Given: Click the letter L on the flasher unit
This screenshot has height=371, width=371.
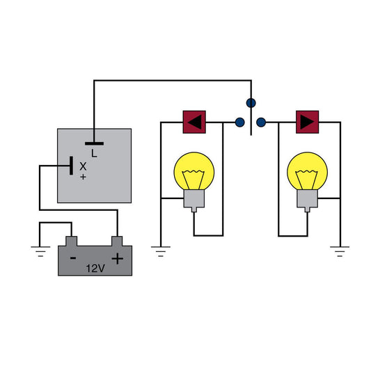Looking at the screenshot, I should click(x=94, y=152).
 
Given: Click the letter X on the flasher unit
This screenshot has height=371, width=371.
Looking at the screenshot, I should click(x=84, y=166).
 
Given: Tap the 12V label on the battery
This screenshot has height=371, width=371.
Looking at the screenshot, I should click(x=95, y=268).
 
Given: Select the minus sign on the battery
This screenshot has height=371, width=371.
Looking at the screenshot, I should click(x=72, y=258).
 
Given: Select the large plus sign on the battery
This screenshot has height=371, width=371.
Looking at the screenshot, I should click(x=117, y=259).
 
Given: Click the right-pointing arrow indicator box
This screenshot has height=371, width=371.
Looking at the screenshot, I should click(x=306, y=122).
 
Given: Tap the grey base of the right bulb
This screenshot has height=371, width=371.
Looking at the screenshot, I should click(x=306, y=200).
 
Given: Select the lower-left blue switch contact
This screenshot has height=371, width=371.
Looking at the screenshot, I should click(x=239, y=123).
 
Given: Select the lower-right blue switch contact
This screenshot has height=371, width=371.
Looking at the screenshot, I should click(x=260, y=123).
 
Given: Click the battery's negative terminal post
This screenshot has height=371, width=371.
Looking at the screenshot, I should click(x=72, y=241).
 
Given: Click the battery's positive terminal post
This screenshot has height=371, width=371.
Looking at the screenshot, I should click(x=117, y=241).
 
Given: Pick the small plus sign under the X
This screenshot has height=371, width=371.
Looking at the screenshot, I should click(x=84, y=177).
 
